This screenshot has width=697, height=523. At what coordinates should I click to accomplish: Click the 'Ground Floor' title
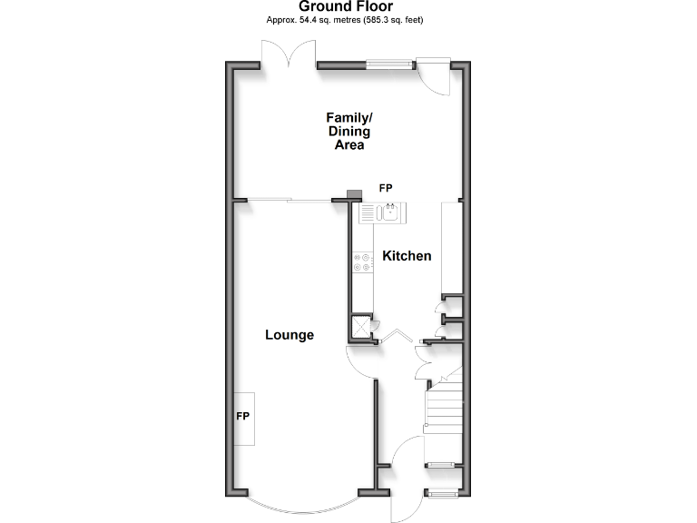[x=348, y=6]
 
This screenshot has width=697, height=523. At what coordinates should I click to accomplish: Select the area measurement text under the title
[x=348, y=19]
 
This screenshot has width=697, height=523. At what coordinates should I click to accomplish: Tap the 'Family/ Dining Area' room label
[x=349, y=131]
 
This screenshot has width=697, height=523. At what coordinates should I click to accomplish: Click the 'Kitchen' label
[x=407, y=256]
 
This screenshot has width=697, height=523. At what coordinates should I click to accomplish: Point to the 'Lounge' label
[x=290, y=335]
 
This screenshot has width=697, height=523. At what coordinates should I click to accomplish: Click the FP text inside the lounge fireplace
[x=243, y=417]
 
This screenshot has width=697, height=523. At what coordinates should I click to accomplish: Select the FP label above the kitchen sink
[x=386, y=188]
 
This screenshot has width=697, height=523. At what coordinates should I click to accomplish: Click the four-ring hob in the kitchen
[x=362, y=261]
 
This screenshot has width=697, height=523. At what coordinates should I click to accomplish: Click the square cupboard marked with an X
[x=363, y=327]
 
